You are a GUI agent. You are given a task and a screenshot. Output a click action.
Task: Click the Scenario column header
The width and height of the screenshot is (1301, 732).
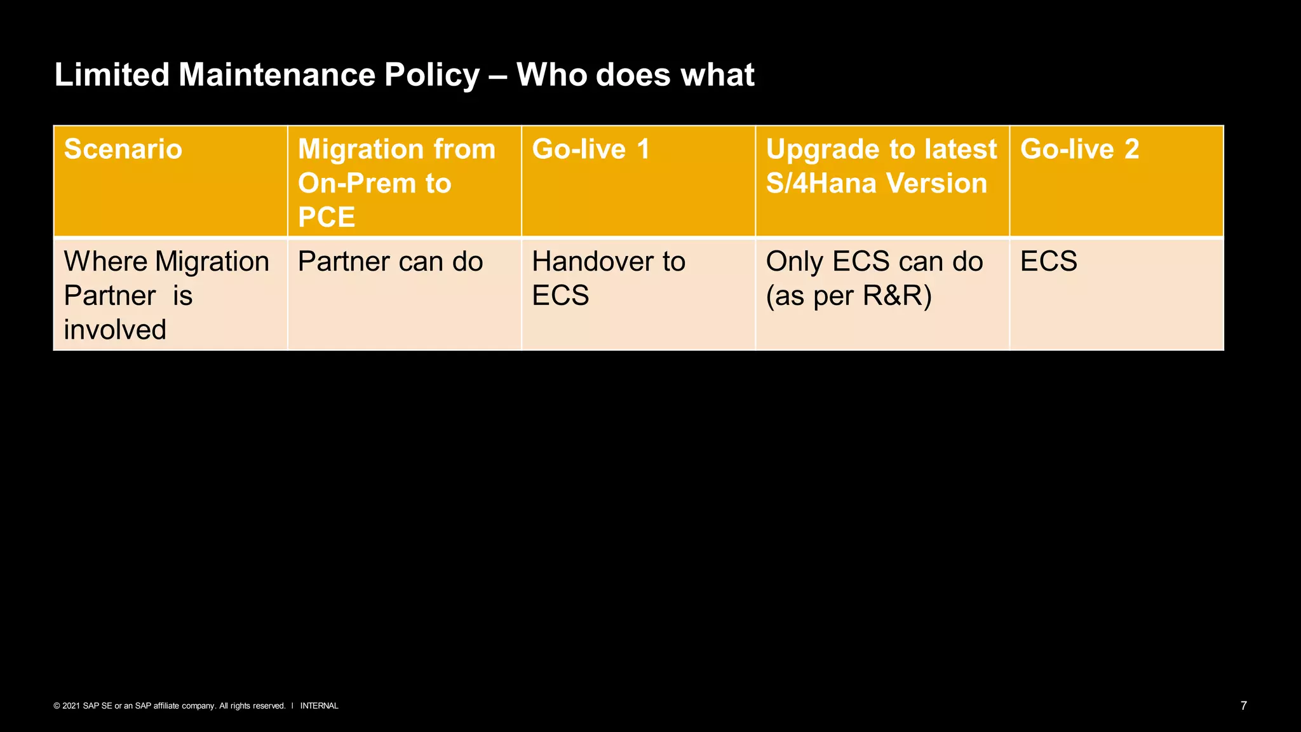[x=123, y=150]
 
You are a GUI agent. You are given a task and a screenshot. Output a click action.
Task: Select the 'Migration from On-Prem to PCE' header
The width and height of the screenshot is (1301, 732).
[x=396, y=182]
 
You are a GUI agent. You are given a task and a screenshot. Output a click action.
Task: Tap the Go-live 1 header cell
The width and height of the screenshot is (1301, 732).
[x=591, y=150]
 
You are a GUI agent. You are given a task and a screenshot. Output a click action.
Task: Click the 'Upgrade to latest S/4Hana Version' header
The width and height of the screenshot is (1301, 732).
[x=881, y=166]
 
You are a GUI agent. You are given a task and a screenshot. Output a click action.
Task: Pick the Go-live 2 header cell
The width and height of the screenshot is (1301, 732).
[x=1079, y=150]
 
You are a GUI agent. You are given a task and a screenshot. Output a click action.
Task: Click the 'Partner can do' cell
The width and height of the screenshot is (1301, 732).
[x=390, y=262]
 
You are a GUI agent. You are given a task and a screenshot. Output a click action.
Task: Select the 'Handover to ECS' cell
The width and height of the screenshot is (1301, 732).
[x=609, y=278]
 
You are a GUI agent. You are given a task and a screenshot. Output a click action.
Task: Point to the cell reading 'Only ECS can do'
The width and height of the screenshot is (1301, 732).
[x=874, y=262]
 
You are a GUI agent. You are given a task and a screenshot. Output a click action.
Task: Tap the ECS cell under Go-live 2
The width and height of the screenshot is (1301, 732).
[x=1049, y=262]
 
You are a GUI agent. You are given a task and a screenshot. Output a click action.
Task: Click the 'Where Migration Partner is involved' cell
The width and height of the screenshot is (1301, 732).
[x=166, y=295]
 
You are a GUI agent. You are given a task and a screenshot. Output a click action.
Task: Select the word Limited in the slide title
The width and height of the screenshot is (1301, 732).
[x=112, y=75]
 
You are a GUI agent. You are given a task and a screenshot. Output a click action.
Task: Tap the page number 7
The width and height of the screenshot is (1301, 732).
[x=1243, y=705]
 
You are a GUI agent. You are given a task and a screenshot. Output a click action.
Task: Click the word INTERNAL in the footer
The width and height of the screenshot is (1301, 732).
[x=319, y=706]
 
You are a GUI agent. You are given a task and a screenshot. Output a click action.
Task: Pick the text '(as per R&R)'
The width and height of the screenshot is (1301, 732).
[x=849, y=296]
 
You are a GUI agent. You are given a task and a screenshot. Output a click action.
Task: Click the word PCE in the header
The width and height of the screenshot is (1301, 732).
[x=326, y=217]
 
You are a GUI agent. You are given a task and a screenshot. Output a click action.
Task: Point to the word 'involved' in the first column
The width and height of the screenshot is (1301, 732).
[x=115, y=330]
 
